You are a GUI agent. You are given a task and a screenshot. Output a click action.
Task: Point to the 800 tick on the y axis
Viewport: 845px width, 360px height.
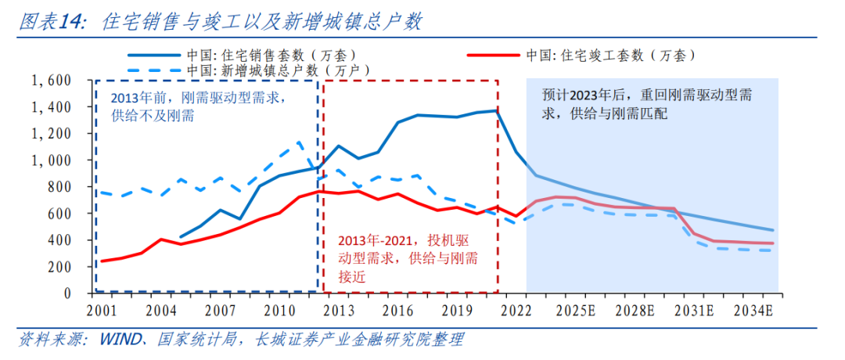56,187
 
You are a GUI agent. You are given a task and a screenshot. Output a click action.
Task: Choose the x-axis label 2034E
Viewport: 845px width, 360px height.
753,308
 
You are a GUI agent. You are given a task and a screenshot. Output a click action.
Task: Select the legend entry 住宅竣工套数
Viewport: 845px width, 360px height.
611,56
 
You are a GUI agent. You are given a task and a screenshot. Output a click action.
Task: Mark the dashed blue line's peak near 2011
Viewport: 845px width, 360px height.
300,142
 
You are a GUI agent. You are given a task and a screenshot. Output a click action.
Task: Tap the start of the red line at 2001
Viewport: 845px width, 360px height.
103,261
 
